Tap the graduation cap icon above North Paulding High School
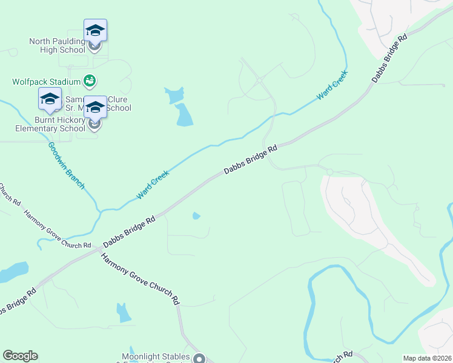[95, 30]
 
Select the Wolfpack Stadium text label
[47, 81]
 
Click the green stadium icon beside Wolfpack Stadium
[90, 80]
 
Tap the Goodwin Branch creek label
[67, 165]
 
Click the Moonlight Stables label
[156, 357]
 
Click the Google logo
[20, 356]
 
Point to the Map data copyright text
[426, 358]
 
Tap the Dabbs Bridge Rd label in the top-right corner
[388, 59]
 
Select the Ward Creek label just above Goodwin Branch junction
[153, 185]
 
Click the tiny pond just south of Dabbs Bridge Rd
[196, 215]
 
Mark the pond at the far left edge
[13, 272]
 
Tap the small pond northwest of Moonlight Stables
[124, 312]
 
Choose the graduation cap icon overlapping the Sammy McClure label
[95, 107]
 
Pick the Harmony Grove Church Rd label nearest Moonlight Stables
[141, 278]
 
